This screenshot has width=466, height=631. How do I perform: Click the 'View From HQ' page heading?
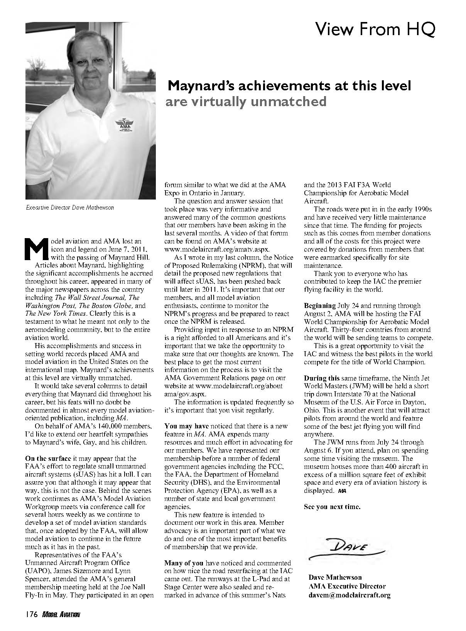click(375, 29)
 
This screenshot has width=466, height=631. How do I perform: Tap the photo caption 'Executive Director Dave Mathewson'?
click(70, 207)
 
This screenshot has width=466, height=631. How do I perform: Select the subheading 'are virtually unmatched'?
click(246, 101)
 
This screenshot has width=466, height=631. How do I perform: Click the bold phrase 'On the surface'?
click(48, 458)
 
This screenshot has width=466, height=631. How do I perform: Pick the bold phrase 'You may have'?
click(186, 426)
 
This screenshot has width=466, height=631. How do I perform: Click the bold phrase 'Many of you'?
click(184, 563)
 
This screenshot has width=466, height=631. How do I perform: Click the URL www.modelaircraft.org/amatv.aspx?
click(217, 249)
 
